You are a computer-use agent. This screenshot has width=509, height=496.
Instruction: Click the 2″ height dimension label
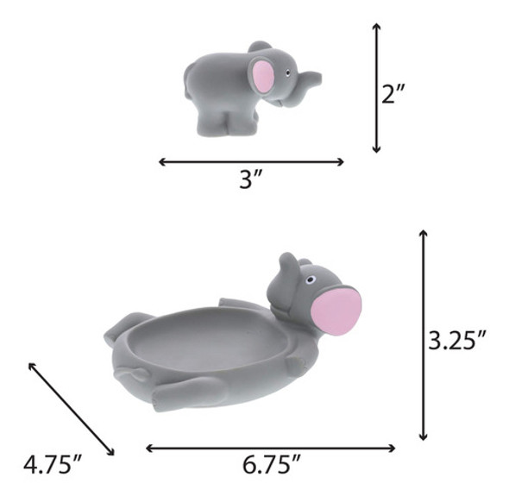[x=393, y=94]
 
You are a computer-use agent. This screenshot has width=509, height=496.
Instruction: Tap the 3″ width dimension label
[x=250, y=179]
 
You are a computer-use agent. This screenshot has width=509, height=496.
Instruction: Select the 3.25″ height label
[x=456, y=340]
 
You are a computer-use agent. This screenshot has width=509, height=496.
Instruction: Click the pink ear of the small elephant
[x=263, y=76]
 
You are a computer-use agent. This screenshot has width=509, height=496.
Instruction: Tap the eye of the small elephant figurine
[x=287, y=72]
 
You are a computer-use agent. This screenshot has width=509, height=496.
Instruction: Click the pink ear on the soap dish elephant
[x=336, y=312]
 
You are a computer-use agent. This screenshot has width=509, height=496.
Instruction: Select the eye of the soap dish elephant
[x=311, y=279]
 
